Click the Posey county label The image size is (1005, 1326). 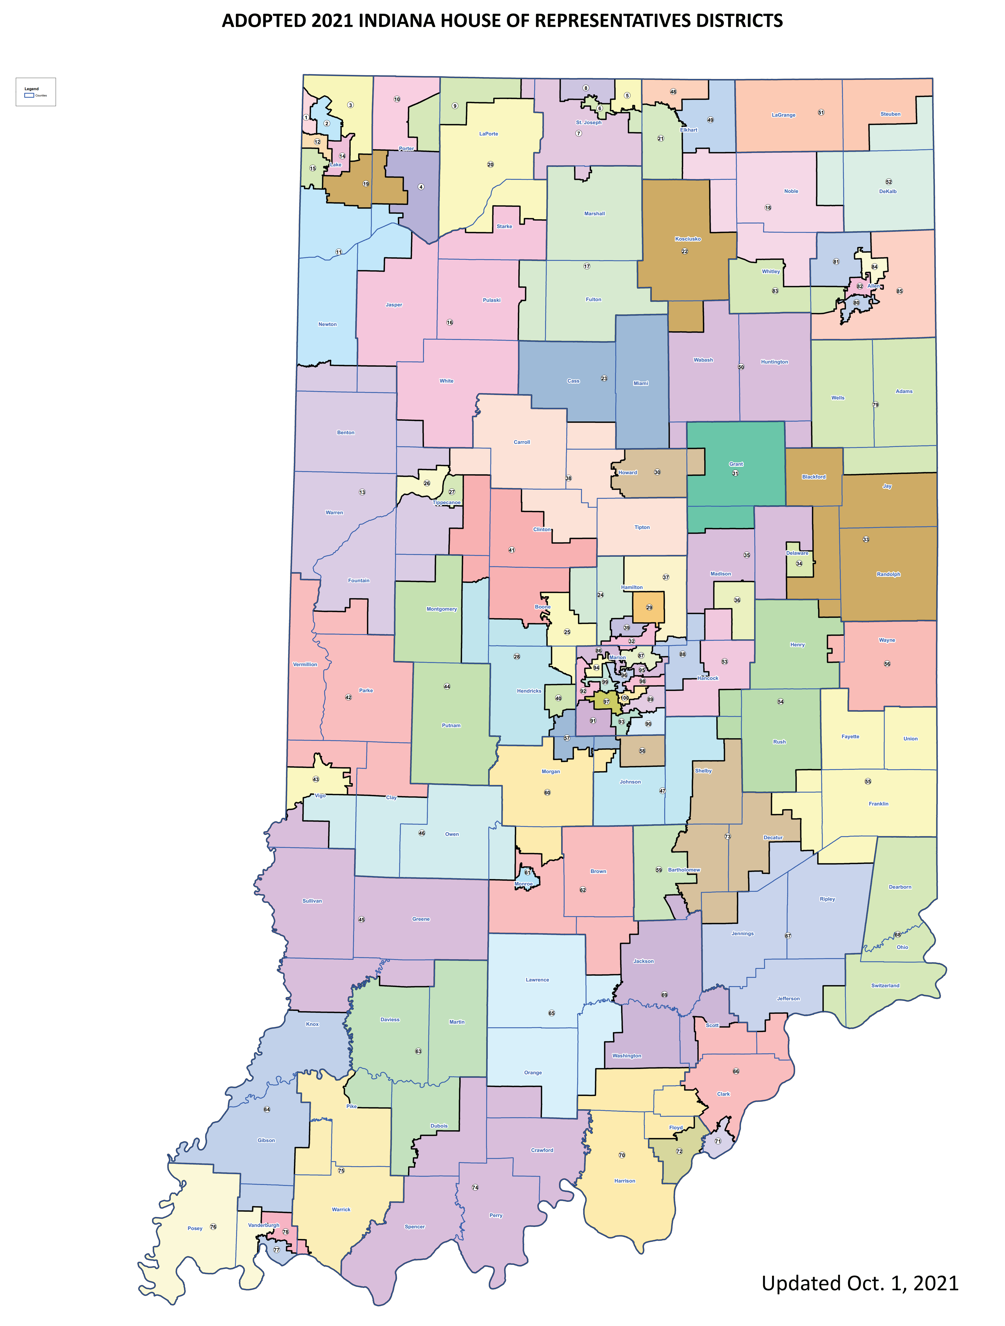195,1228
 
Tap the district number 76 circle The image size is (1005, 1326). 213,1226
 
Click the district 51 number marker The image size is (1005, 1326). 821,112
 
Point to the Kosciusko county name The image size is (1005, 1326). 688,239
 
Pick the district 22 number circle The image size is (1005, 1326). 684,251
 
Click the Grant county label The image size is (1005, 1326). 736,464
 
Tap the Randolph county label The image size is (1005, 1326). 888,574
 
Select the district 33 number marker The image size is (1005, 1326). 866,540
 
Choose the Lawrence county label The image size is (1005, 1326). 537,980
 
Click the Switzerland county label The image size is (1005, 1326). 885,986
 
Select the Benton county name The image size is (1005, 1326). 345,432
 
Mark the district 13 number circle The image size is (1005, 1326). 362,492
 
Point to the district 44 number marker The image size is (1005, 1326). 447,686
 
